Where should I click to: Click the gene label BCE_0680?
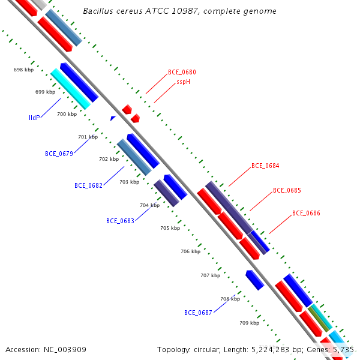(182, 72)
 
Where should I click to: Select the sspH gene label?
(183, 82)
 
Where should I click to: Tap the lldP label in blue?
(34, 118)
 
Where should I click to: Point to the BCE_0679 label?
(59, 154)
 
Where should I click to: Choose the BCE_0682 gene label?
(88, 185)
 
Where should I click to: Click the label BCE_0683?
(120, 221)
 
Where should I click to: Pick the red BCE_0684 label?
(265, 166)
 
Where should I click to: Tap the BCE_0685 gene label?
(287, 190)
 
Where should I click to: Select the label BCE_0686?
(306, 213)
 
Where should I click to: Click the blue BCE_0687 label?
(198, 313)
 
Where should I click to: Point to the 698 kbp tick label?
(23, 70)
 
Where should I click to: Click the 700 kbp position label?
(67, 114)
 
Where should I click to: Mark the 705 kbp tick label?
(170, 228)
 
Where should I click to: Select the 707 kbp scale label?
(211, 275)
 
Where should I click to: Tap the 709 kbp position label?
(250, 323)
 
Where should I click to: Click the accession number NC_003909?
(65, 350)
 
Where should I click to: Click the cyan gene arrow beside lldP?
(70, 89)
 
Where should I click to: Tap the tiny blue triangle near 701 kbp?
(113, 118)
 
